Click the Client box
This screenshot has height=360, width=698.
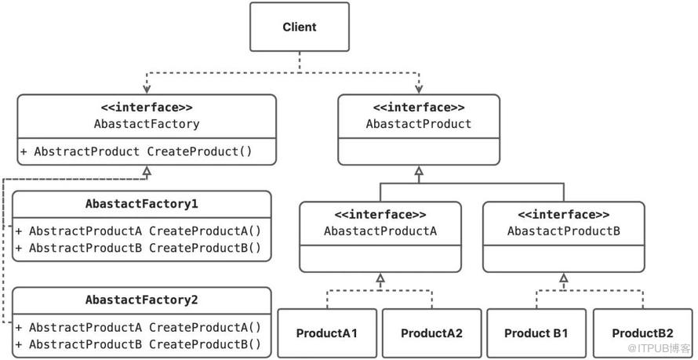click(300, 27)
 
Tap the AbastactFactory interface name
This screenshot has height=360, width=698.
click(147, 124)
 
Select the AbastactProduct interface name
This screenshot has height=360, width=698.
click(419, 124)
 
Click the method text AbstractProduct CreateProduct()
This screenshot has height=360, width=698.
click(136, 151)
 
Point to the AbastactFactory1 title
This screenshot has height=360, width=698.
click(141, 204)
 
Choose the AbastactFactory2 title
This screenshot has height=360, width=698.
click(141, 300)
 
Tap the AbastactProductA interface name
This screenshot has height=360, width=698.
click(380, 231)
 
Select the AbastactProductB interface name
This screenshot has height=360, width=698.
click(564, 231)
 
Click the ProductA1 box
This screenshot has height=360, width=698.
click(327, 333)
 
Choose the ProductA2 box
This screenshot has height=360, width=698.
click(432, 333)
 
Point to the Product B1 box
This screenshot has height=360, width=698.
click(536, 333)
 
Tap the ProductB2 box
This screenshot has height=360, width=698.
click(642, 333)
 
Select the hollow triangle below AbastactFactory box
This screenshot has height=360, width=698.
click(147, 170)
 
